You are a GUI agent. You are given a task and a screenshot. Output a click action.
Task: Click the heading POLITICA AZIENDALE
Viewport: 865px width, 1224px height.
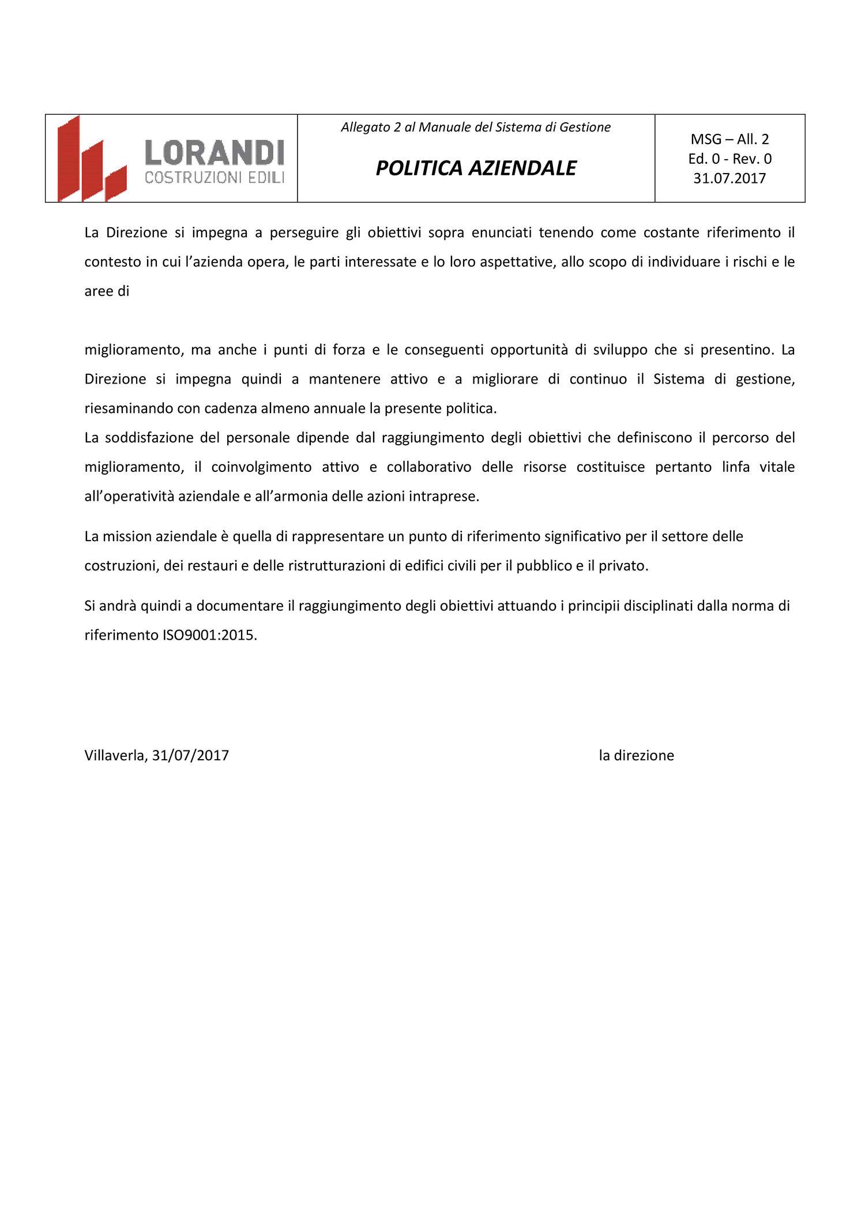pyautogui.click(x=476, y=168)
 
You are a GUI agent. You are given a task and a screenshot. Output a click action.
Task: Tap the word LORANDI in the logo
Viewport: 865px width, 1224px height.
pyautogui.click(x=215, y=153)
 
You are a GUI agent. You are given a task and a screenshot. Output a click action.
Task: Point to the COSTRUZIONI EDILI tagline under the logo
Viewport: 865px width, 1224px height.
pyautogui.click(x=215, y=178)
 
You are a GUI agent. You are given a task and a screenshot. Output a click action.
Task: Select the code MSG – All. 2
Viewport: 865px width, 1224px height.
pyautogui.click(x=729, y=139)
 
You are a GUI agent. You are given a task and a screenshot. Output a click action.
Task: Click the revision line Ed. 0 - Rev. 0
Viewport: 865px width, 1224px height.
pyautogui.click(x=729, y=159)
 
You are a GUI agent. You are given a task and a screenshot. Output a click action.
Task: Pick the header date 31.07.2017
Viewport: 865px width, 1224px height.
pyautogui.click(x=729, y=178)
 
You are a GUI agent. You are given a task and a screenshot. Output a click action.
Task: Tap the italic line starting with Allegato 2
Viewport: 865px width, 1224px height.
pyautogui.click(x=476, y=127)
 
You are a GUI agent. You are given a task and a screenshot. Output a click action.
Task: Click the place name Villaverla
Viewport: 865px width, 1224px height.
pyautogui.click(x=116, y=755)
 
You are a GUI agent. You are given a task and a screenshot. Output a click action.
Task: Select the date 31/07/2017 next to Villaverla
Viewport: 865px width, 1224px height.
pyautogui.click(x=190, y=755)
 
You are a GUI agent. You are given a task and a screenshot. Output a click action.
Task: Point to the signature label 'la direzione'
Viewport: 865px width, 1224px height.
pyautogui.click(x=636, y=755)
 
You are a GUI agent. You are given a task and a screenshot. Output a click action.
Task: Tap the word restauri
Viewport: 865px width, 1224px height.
pyautogui.click(x=209, y=566)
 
